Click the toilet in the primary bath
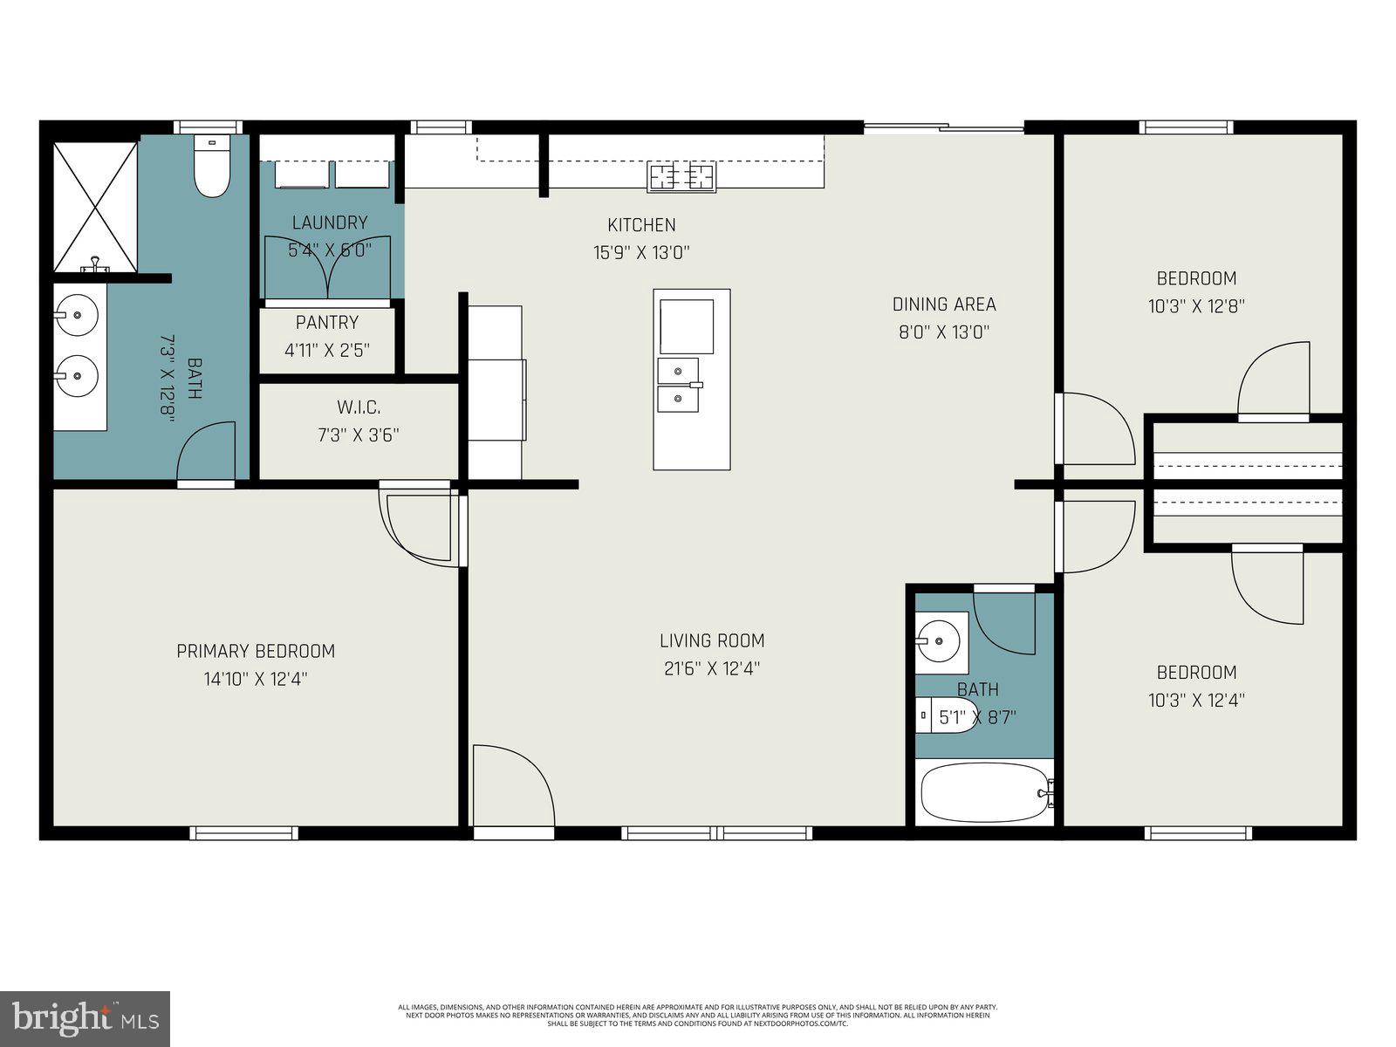coord(211,169)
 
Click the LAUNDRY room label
coord(330,222)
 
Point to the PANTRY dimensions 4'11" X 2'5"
coord(327,351)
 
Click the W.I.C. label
coord(359,407)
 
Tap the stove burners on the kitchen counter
coord(681,177)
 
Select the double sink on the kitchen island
coord(679,385)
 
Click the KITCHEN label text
coord(642,225)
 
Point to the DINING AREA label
coord(943,305)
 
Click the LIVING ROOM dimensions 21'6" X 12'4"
coord(711,669)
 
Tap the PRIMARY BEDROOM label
coord(256,651)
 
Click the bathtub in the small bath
coord(984,792)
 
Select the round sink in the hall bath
coord(941,640)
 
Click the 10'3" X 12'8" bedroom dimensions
coord(1196,306)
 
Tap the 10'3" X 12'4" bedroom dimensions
coord(1196,700)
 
